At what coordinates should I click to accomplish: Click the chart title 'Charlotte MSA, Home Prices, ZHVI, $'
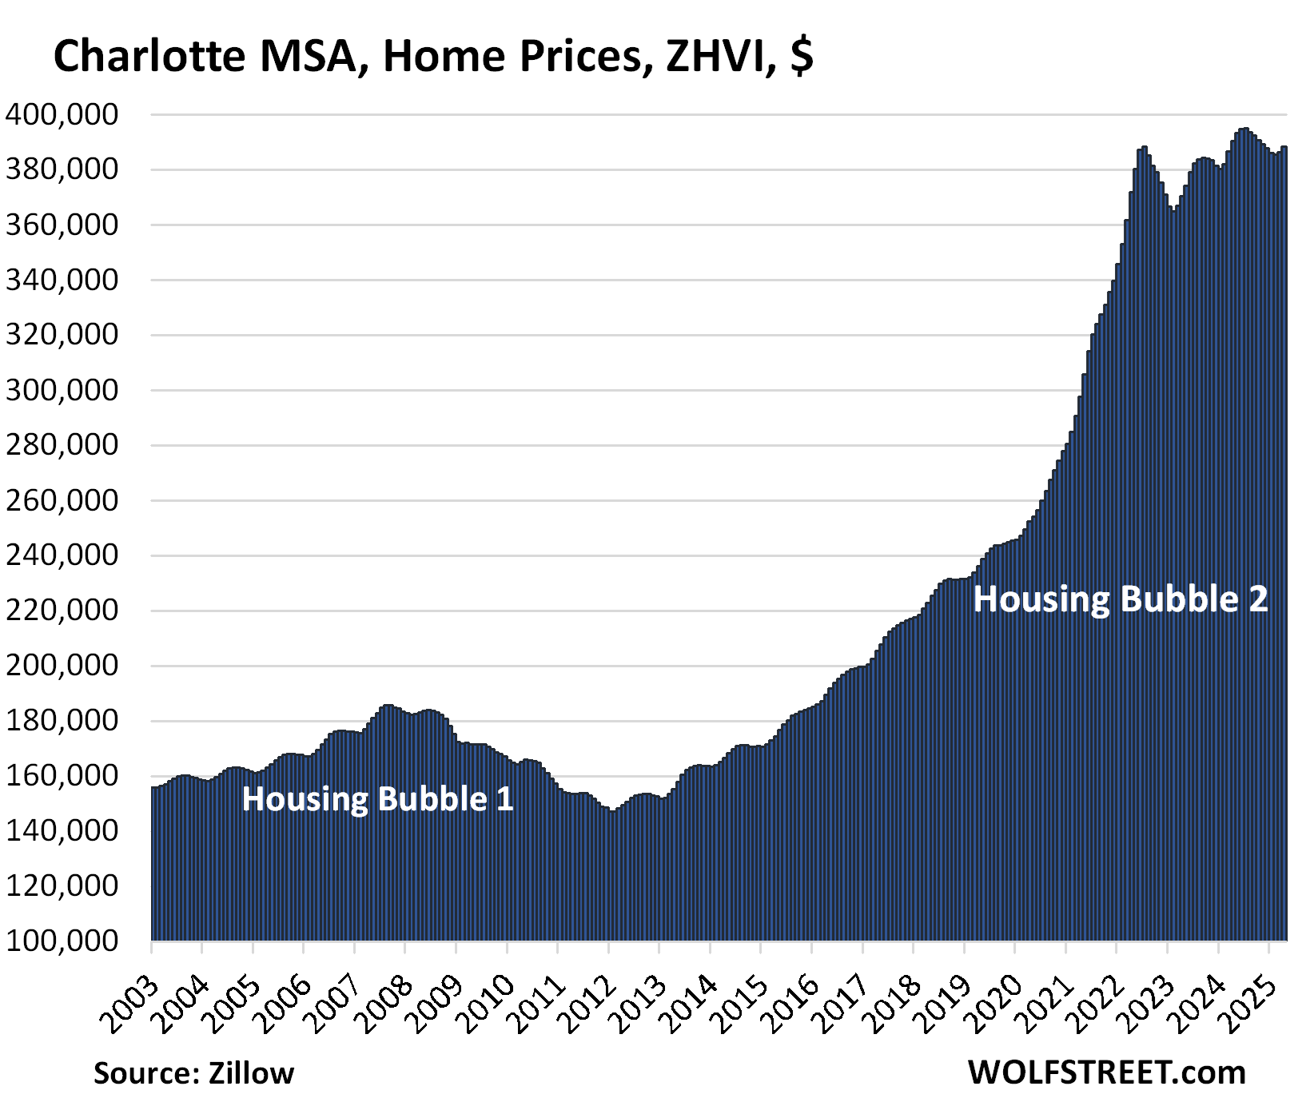coord(432,57)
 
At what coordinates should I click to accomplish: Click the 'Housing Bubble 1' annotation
coord(377,799)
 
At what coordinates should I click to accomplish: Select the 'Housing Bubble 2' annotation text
coord(1120,599)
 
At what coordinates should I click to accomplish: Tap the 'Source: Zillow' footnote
coord(193,1072)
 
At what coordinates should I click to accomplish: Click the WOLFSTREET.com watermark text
coord(1107,1072)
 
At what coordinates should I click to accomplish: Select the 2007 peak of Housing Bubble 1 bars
coord(388,706)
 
